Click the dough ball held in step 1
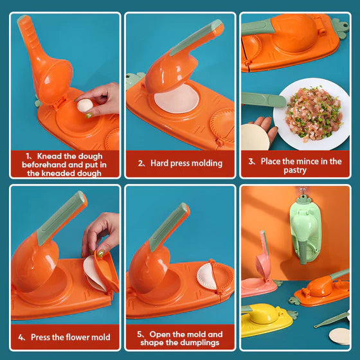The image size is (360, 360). pyautogui.click(x=84, y=105)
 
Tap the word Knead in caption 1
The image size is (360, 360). pyautogui.click(x=50, y=156)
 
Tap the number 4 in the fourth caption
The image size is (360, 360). pyautogui.click(x=21, y=337)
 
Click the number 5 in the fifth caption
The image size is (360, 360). pyautogui.click(x=139, y=334)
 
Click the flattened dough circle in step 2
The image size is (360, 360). pyautogui.click(x=175, y=102)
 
